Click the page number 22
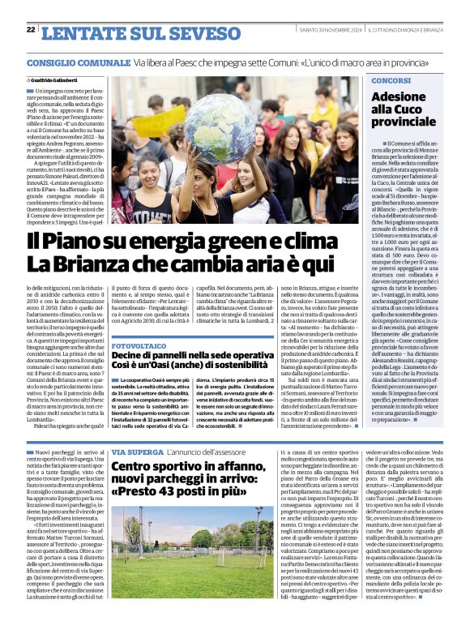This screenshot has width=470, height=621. tap(31, 29)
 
